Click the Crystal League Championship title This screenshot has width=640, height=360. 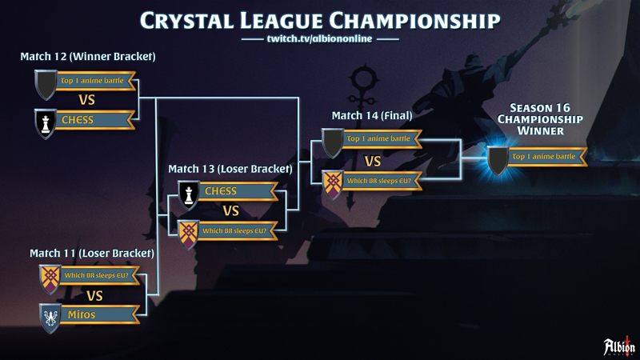tap(320, 21)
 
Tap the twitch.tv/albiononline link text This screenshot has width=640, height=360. tap(319, 38)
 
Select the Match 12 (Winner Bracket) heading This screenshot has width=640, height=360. tap(88, 56)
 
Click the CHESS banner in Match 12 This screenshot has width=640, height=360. tap(95, 119)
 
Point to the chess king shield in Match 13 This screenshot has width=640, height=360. tap(189, 195)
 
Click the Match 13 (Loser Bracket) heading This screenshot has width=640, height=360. tap(230, 169)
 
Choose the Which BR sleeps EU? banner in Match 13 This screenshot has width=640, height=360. tap(238, 230)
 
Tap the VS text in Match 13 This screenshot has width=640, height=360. tap(230, 211)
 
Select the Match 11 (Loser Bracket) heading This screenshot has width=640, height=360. tap(92, 253)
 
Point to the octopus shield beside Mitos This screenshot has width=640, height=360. tap(50, 318)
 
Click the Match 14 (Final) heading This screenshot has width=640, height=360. tap(372, 115)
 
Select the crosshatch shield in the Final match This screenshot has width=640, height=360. tap(333, 185)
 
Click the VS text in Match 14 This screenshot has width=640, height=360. tap(373, 162)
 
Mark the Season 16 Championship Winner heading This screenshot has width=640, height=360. tap(540, 119)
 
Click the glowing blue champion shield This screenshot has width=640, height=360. tap(498, 161)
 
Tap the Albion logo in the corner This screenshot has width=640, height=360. tap(619, 346)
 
